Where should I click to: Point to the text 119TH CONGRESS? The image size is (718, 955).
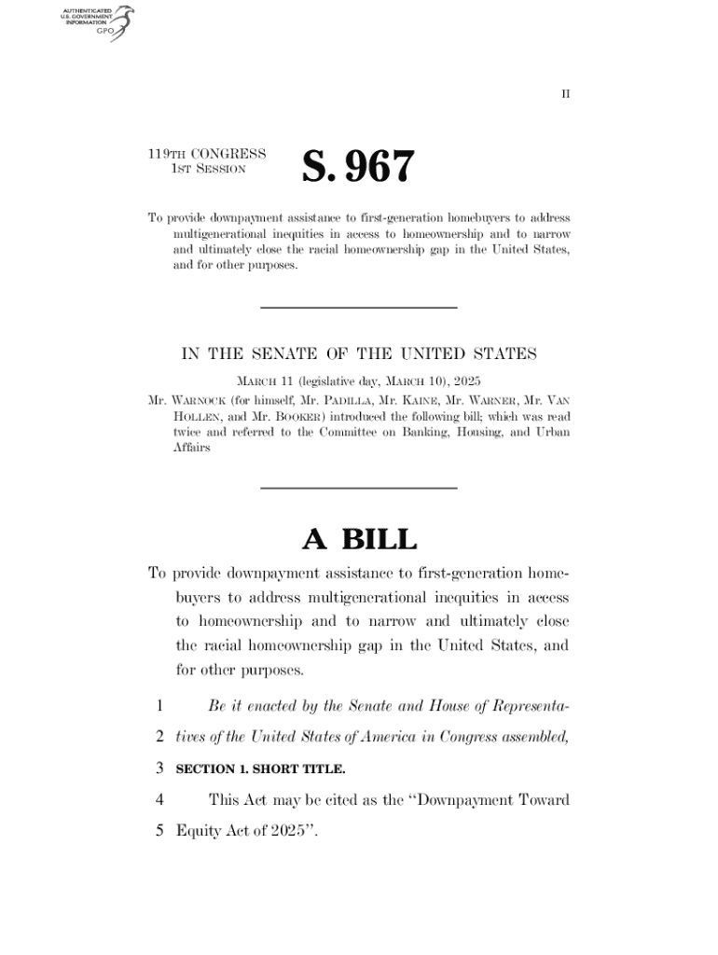click(207, 154)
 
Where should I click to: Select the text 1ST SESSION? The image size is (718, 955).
click(207, 170)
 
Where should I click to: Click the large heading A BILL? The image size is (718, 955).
click(358, 539)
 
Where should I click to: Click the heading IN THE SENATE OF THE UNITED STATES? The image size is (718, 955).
click(358, 353)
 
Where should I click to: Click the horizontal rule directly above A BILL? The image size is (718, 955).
click(358, 488)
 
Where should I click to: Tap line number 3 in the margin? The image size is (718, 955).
click(160, 769)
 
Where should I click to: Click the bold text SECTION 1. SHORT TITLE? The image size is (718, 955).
click(260, 770)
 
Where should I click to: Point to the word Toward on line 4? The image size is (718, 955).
click(537, 799)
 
